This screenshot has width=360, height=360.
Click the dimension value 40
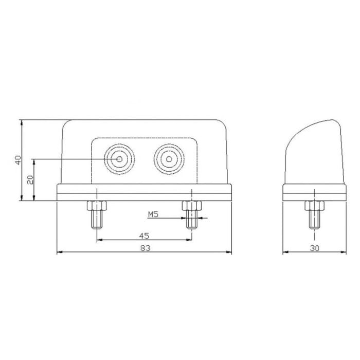[x=18, y=160]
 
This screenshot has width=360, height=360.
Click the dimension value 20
[x=30, y=180]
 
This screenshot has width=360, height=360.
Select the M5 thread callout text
[x=153, y=214]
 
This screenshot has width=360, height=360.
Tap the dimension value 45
[x=144, y=236]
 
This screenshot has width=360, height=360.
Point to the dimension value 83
[x=146, y=248]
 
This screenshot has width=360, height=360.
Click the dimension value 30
[x=314, y=248]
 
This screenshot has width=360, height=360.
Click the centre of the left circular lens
[x=119, y=159]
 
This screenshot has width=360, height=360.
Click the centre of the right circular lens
[x=169, y=159]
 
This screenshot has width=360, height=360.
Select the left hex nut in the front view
[x=97, y=206]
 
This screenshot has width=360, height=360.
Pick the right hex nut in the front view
[x=192, y=206]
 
